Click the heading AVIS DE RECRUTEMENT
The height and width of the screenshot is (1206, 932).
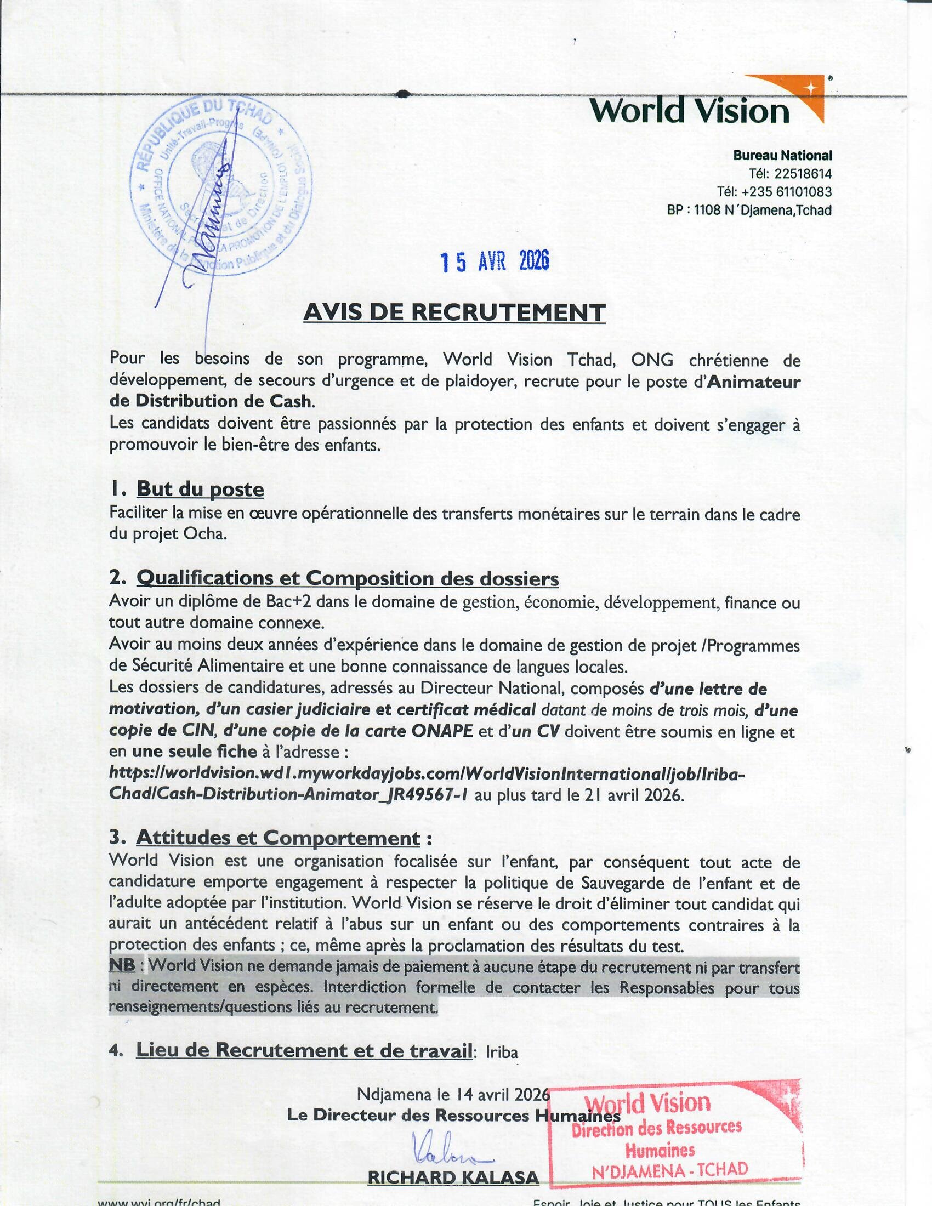coord(454,312)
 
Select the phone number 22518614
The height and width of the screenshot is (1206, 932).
coord(803,174)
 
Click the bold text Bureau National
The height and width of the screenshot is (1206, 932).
coord(782,156)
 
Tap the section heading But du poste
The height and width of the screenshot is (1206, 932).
coord(200,489)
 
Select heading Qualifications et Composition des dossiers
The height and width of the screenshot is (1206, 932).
coord(347,579)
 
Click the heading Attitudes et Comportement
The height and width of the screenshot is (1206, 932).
coord(278,838)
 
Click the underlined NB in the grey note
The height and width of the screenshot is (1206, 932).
coord(122,966)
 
